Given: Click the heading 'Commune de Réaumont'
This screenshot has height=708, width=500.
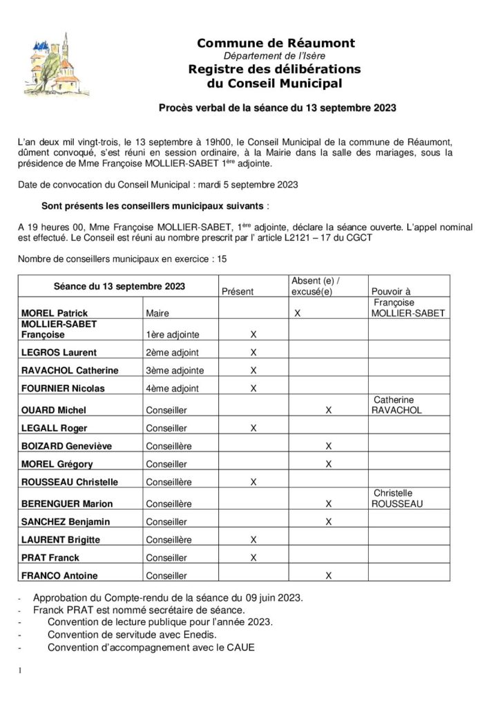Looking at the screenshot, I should [x=276, y=44].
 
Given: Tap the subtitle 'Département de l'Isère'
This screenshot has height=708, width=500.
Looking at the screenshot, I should [x=276, y=56].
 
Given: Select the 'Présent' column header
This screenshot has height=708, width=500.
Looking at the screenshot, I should [x=237, y=292].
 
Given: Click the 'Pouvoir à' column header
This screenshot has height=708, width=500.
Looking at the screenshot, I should [x=391, y=292].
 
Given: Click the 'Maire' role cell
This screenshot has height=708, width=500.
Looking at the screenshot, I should [x=158, y=314].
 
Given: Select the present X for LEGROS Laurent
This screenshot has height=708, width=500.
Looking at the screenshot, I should [x=253, y=353].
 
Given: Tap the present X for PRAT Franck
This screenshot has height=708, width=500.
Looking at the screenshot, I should [x=253, y=557].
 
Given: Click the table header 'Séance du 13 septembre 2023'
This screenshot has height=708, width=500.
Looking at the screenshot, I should [x=119, y=286].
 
